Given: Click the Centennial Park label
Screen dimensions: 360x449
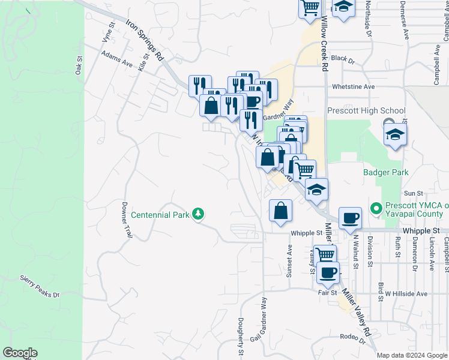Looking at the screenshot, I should pos(160,214).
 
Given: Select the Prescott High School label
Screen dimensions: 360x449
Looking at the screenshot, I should pos(366,111).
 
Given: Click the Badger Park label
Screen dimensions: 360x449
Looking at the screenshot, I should pos(386,173).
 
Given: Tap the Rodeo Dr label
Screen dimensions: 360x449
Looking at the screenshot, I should pos(352,338).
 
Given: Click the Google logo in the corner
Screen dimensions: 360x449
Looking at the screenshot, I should pos(20,353).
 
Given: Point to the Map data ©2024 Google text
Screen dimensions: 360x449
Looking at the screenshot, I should pos(411,355).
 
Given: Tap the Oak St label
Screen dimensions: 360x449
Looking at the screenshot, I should pos(79,65).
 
